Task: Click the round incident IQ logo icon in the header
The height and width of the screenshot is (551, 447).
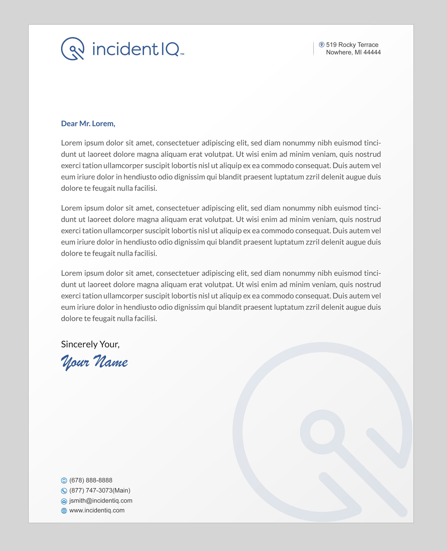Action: pos(73,49)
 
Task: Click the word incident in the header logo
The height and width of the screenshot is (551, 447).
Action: pos(125,49)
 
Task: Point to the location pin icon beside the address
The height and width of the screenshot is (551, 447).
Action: pos(321,45)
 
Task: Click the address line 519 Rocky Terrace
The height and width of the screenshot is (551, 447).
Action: pos(352,45)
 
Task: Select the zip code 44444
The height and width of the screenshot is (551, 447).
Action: pos(372,52)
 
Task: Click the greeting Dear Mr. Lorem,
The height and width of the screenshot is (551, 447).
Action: pos(88,124)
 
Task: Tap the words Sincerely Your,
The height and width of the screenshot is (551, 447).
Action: pos(90,344)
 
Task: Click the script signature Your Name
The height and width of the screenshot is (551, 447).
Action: pos(94,362)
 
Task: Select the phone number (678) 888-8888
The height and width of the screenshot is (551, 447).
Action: pos(91,480)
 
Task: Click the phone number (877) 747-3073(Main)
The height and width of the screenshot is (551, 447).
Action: pos(100,490)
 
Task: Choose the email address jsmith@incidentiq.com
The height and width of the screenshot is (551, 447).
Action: pos(101,501)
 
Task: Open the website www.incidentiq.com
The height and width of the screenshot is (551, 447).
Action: pos(97,510)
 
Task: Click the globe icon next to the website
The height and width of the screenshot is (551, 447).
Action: pos(64,511)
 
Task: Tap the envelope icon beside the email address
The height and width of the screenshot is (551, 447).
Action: pos(64,501)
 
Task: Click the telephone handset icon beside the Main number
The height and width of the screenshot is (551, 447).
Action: pos(64,491)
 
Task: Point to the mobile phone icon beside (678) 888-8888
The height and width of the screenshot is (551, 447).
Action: pos(64,481)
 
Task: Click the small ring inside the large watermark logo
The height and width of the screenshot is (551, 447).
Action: pos(322,432)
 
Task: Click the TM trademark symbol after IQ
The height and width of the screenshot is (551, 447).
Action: pos(182,54)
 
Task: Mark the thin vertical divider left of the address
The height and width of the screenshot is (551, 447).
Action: pos(314,48)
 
